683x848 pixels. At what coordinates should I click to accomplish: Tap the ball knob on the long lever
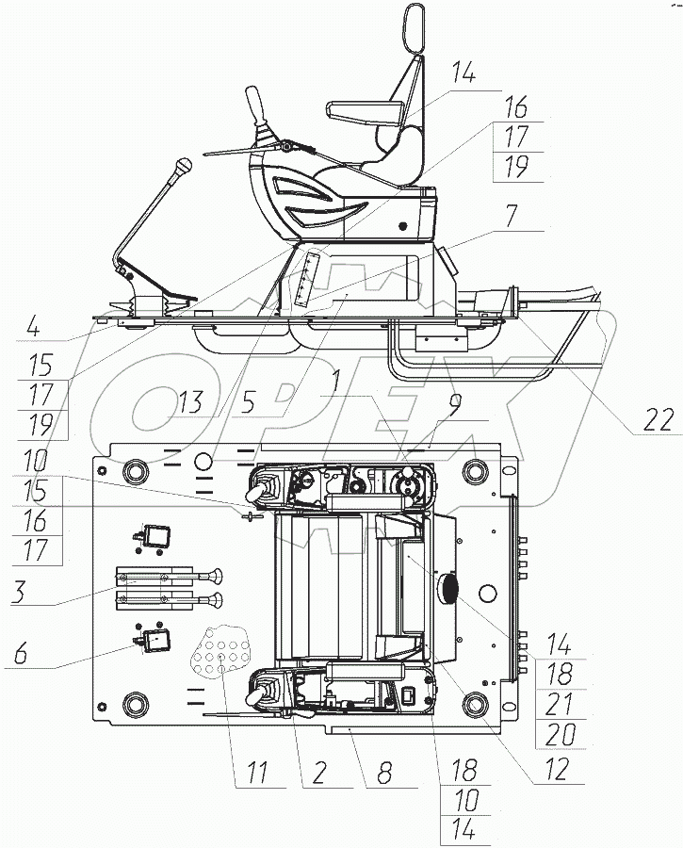pos(185,169)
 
